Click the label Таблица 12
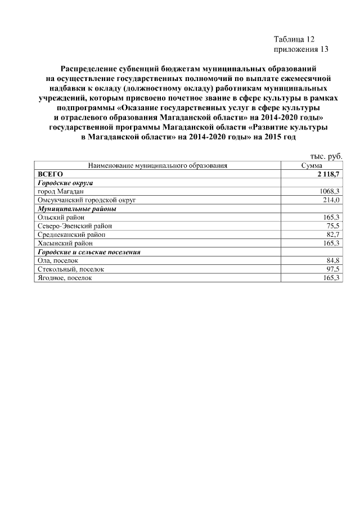pyautogui.click(x=294, y=39)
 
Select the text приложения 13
pyautogui.click(x=300, y=49)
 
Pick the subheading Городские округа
pyautogui.click(x=65, y=183)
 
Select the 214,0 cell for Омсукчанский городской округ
pyautogui.click(x=332, y=200)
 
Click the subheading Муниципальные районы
pyautogui.click(x=76, y=208)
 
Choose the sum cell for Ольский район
pyautogui.click(x=332, y=217)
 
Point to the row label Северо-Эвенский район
pyautogui.click(x=74, y=226)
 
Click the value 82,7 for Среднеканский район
pyautogui.click(x=334, y=234)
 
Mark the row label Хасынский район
pyautogui.click(x=65, y=243)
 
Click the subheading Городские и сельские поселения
pyautogui.click(x=88, y=252)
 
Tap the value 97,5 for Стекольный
pyautogui.click(x=334, y=269)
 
